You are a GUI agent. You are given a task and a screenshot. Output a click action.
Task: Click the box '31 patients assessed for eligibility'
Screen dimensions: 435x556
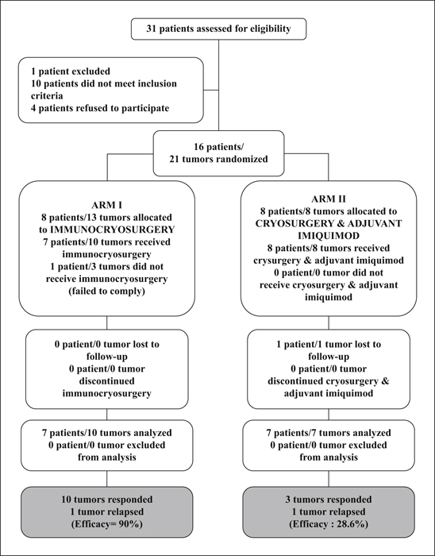click(x=218, y=29)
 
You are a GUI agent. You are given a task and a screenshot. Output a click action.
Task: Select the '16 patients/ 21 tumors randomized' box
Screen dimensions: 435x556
click(x=218, y=153)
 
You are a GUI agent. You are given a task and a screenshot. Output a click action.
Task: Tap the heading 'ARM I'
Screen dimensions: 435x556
click(x=106, y=205)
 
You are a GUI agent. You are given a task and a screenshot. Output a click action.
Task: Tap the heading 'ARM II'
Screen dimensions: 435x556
click(x=329, y=199)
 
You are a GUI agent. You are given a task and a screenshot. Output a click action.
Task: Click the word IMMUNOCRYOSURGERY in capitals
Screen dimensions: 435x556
click(x=113, y=230)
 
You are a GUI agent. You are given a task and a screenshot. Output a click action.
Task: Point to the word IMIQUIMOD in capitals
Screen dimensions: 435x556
click(x=329, y=236)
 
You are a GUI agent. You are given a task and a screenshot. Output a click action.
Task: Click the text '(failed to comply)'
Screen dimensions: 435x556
click(x=106, y=292)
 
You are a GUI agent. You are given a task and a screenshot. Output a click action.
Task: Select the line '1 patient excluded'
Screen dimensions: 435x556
click(x=71, y=71)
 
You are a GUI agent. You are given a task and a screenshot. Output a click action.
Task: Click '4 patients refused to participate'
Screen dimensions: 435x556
click(x=100, y=108)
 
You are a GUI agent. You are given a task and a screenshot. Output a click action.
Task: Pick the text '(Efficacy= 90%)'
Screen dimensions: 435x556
click(x=107, y=524)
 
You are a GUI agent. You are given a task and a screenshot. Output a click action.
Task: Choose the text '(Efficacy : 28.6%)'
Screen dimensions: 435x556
click(x=329, y=524)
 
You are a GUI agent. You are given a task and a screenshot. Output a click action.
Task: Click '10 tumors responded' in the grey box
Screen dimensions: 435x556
click(x=107, y=500)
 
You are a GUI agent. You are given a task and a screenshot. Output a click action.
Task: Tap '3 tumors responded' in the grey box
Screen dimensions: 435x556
click(x=329, y=500)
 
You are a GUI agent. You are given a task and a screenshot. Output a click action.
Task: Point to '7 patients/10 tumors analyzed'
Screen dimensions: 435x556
click(x=107, y=433)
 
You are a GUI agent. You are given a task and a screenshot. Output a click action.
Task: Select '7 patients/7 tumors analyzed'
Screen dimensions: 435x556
click(x=329, y=433)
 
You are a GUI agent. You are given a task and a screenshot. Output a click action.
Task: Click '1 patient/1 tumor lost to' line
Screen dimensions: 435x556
click(x=329, y=344)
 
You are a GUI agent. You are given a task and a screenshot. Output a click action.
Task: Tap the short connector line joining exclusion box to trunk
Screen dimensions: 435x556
click(x=211, y=90)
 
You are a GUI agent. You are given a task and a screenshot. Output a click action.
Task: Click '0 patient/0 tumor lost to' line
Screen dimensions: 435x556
click(x=107, y=344)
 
